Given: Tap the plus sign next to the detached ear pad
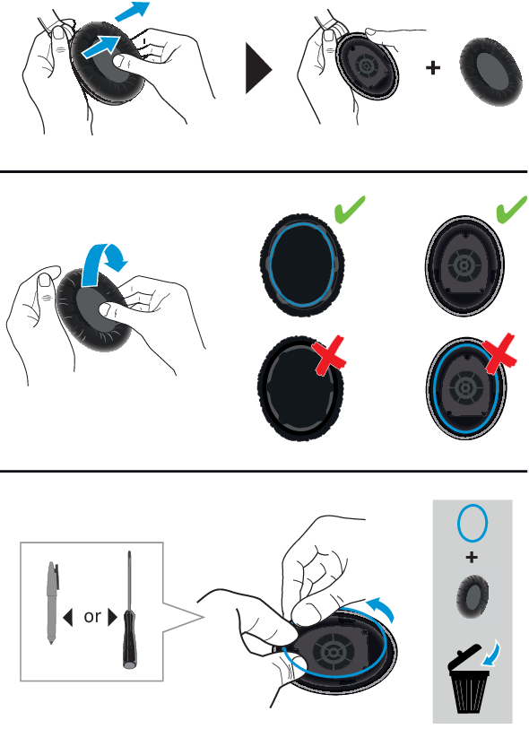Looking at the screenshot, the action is tap(433, 68).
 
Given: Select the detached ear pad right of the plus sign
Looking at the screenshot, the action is tap(490, 71).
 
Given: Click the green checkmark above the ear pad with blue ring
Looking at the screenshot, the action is tap(350, 208).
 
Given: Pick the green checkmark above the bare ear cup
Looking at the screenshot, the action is tap(511, 209).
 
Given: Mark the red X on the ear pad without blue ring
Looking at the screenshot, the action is tap(330, 356).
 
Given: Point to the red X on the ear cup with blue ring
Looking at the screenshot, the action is tap(499, 353).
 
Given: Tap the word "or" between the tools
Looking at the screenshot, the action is tap(92, 617).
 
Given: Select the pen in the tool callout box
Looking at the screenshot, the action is tap(52, 602).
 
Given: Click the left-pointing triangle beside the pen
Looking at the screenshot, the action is tap(68, 618).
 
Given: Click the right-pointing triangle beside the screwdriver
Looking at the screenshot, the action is tap(112, 618).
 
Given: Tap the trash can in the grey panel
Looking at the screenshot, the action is tap(468, 680).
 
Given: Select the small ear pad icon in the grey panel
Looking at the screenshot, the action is tap(473, 597).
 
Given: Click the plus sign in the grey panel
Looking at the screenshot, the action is tap(472, 557).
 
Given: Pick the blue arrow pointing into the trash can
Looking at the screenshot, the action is tap(494, 653).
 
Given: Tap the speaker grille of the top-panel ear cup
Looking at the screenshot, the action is tap(366, 66).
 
